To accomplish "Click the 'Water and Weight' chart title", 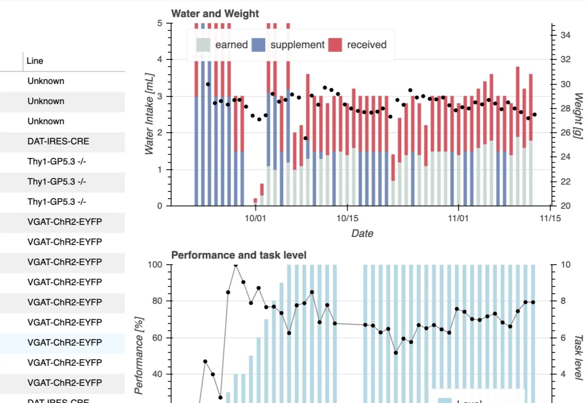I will (215, 14).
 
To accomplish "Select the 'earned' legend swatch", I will (203, 45).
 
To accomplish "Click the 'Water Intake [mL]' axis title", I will (150, 114).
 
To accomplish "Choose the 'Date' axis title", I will (362, 233).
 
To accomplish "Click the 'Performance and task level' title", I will (239, 255).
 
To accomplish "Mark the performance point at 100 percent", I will (236, 265).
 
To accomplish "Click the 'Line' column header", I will (35, 61).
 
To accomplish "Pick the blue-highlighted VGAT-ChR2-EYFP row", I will (65, 343).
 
